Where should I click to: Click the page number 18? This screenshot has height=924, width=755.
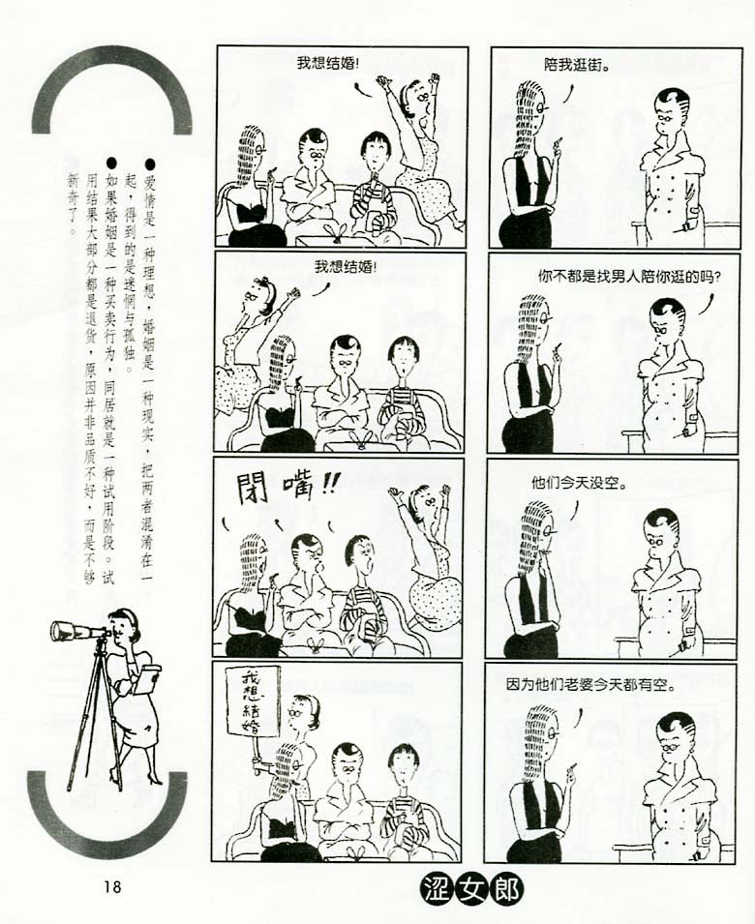pyautogui.click(x=112, y=885)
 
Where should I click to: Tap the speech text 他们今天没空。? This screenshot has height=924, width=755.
pyautogui.click(x=579, y=484)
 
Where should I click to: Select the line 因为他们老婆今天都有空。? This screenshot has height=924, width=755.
pyautogui.click(x=590, y=686)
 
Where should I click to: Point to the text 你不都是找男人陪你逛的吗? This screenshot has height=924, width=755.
pyautogui.click(x=629, y=276)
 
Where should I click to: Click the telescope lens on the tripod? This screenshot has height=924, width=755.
pyautogui.click(x=55, y=631)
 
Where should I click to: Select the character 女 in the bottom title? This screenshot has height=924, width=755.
pyautogui.click(x=472, y=889)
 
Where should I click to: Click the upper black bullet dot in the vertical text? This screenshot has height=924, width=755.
pyautogui.click(x=151, y=163)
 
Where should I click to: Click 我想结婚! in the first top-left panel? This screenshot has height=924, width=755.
pyautogui.click(x=328, y=64)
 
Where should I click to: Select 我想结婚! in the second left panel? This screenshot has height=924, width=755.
pyautogui.click(x=345, y=267)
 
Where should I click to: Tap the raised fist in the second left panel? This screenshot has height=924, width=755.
pyautogui.click(x=293, y=292)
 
